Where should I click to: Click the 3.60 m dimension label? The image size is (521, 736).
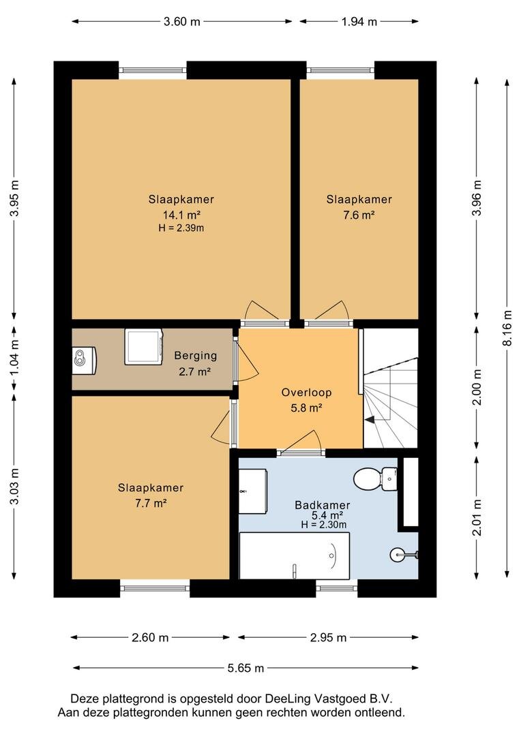pyautogui.click(x=182, y=22)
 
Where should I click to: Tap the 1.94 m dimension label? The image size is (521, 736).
pyautogui.click(x=359, y=22)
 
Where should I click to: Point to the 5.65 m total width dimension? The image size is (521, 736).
pyautogui.click(x=245, y=668)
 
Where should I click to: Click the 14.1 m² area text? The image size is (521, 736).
pyautogui.click(x=182, y=215)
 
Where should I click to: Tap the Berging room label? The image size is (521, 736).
pyautogui.click(x=196, y=356)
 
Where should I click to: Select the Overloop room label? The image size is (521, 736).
pyautogui.click(x=306, y=393)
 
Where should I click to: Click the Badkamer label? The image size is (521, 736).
pyautogui.click(x=323, y=505)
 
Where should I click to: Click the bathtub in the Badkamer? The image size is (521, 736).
pyautogui.click(x=295, y=556)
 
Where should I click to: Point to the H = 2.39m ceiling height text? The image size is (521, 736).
pyautogui.click(x=181, y=228)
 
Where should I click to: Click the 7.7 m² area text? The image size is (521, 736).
pyautogui.click(x=151, y=504)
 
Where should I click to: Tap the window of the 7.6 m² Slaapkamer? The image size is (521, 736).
pyautogui.click(x=341, y=70)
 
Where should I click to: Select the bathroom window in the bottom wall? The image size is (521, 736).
pyautogui.click(x=337, y=587)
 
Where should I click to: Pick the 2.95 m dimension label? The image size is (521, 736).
pyautogui.click(x=328, y=637)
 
